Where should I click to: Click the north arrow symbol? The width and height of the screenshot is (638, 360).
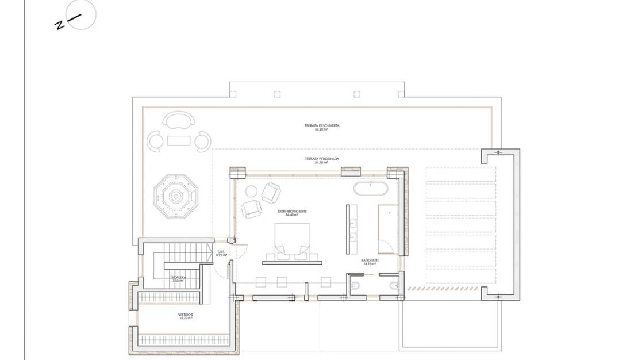[80, 15]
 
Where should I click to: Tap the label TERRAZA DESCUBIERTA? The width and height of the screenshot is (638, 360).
[322, 125]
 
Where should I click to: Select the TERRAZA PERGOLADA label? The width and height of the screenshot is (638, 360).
[322, 158]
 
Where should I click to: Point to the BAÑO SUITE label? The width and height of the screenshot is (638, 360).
[370, 260]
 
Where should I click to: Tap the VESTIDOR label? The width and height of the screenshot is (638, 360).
[185, 315]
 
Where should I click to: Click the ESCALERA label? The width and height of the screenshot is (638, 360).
[178, 278]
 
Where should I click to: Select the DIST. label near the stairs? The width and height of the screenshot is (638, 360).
[221, 251]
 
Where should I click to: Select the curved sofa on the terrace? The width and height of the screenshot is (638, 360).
[178, 121]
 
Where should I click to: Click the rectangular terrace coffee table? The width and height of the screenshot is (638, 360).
[178, 140]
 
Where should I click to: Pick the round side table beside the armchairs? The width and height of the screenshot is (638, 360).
[251, 192]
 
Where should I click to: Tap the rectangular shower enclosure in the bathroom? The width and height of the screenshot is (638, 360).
[388, 228]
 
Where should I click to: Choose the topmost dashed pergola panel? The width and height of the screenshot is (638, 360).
[460, 174]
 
